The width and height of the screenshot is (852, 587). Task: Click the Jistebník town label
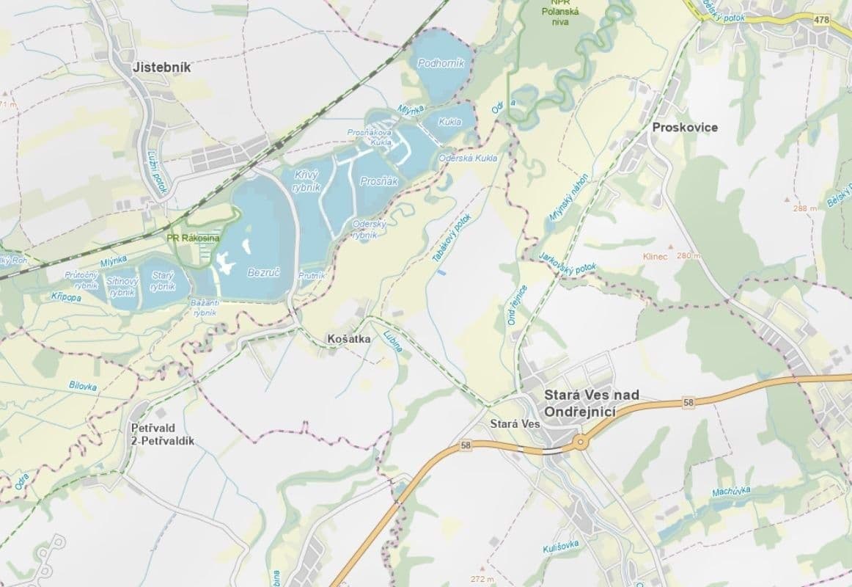click(161, 68)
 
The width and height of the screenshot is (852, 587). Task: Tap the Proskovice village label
click(685, 128)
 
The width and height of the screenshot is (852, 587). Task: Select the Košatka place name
click(349, 340)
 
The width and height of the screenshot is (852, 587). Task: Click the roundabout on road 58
click(580, 442)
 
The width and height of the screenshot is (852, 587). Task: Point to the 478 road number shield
click(821, 20)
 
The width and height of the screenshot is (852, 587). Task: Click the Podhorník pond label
click(441, 64)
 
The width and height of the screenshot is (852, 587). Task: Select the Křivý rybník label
click(307, 180)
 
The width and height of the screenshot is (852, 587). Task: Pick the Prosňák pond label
click(379, 181)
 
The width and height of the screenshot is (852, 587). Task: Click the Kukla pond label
click(450, 122)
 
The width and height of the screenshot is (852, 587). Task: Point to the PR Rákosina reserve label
click(194, 238)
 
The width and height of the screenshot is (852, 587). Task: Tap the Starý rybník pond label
click(163, 280)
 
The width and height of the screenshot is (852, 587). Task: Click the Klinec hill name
click(655, 257)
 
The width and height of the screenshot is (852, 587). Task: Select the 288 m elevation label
click(804, 208)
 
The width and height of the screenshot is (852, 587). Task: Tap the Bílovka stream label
click(83, 384)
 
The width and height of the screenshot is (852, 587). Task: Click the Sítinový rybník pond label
click(122, 286)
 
